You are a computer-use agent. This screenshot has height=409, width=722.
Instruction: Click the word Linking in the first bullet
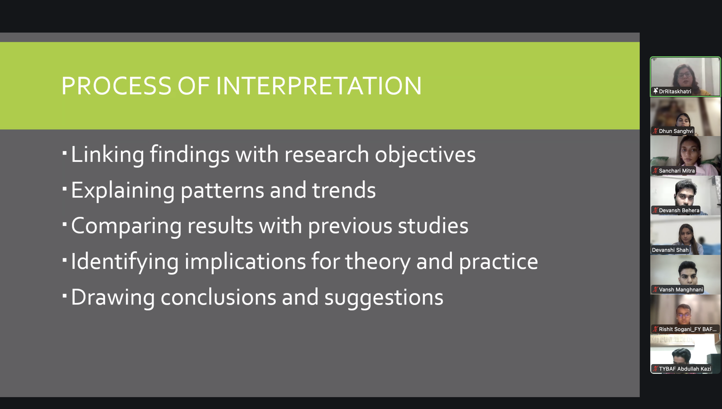pyautogui.click(x=108, y=155)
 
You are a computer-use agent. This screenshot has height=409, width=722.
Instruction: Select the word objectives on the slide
pyautogui.click(x=425, y=155)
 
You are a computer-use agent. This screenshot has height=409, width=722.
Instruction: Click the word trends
pyautogui.click(x=344, y=190)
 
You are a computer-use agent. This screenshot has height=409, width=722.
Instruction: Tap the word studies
pyautogui.click(x=433, y=226)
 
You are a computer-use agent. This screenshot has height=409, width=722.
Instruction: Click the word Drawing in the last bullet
pyautogui.click(x=113, y=297)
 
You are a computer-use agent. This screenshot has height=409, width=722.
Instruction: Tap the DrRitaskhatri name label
pyautogui.click(x=675, y=91)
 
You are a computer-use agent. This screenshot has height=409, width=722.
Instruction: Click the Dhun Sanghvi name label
pyautogui.click(x=676, y=131)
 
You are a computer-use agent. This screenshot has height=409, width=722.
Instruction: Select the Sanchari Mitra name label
pyautogui.click(x=676, y=171)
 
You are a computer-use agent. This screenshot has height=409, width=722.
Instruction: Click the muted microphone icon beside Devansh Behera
pyautogui.click(x=655, y=210)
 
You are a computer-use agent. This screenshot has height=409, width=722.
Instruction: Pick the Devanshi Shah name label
pyautogui.click(x=670, y=250)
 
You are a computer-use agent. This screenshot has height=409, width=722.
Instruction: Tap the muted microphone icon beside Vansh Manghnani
pyautogui.click(x=655, y=289)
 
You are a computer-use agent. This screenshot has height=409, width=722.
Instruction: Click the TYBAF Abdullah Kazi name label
pyautogui.click(x=685, y=368)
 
